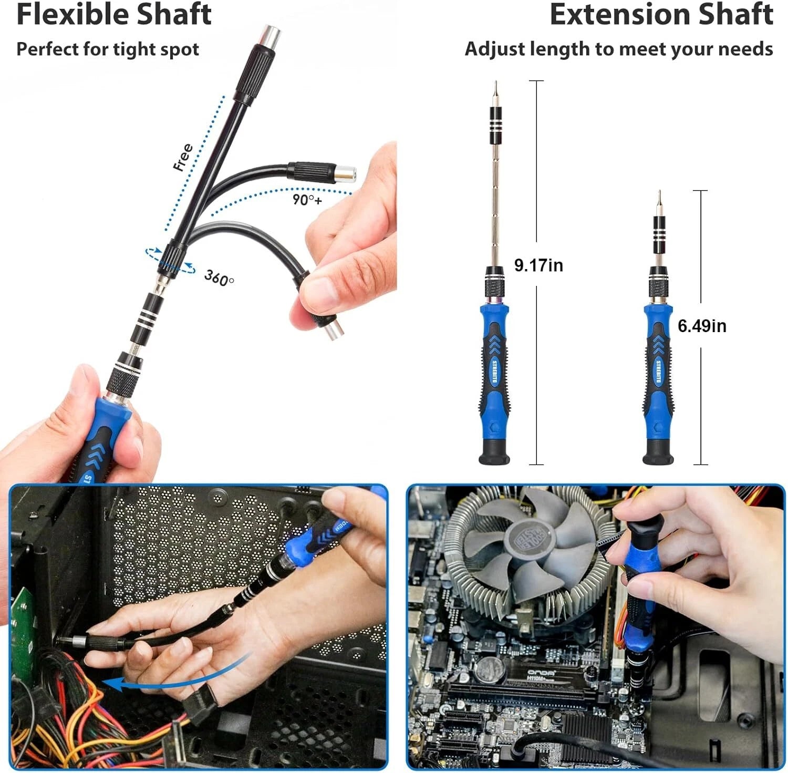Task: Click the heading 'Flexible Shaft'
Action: tap(113, 15)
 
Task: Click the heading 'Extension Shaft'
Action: tap(661, 15)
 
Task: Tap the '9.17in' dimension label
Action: tap(538, 265)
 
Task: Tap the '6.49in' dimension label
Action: tap(701, 326)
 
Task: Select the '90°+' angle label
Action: tap(307, 200)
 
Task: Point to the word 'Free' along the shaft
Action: tap(183, 157)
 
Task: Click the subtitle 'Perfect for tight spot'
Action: tap(108, 49)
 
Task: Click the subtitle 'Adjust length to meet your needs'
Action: tap(618, 49)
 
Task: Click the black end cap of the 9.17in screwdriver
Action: tap(494, 454)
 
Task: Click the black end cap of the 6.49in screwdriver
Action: tap(658, 454)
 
